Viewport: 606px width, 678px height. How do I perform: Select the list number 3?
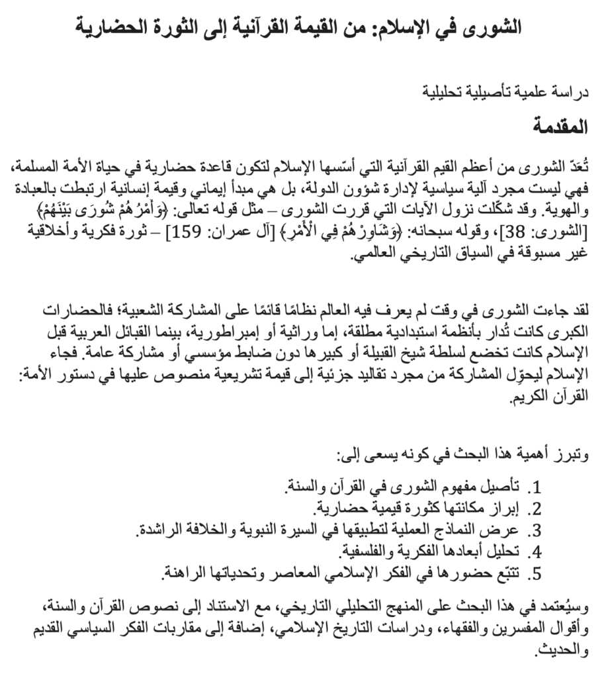(537, 530)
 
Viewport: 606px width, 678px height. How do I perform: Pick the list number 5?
(537, 571)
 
